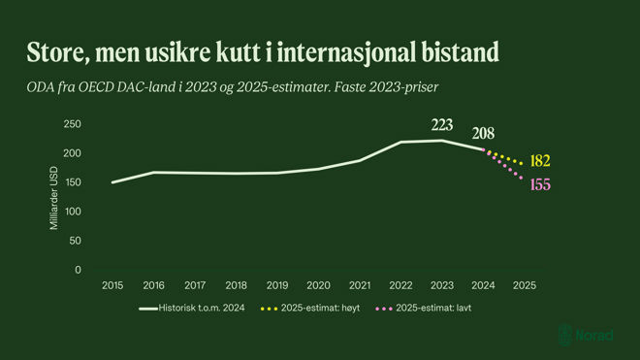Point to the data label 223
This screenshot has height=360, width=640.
(442, 124)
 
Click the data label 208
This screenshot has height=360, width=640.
(485, 134)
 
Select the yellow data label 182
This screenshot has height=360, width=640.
(540, 160)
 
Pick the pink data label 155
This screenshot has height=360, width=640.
(539, 184)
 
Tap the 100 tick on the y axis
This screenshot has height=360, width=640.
(73, 212)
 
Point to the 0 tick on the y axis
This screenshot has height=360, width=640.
(78, 270)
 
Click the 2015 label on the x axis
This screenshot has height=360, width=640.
(112, 286)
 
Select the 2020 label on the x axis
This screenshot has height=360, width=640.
(319, 286)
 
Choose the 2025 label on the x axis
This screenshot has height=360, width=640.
(525, 286)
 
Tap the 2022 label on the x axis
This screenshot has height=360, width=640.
(401, 286)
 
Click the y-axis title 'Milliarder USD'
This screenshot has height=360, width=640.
(54, 198)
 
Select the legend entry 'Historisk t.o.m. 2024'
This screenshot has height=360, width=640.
(198, 309)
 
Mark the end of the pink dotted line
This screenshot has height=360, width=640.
(523, 179)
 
